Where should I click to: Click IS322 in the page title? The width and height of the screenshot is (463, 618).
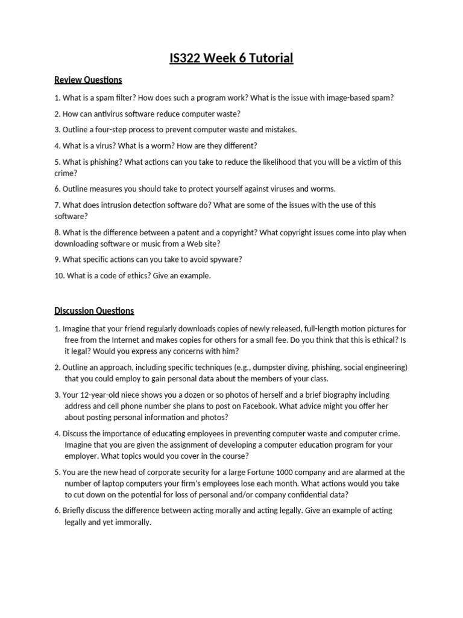pos(187,59)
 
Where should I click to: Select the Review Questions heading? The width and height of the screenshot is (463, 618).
pos(88,80)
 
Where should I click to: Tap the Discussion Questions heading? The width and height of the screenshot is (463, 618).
pos(94,311)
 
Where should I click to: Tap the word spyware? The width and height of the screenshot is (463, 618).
pos(222,260)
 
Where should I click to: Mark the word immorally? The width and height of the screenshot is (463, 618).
pos(133,522)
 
